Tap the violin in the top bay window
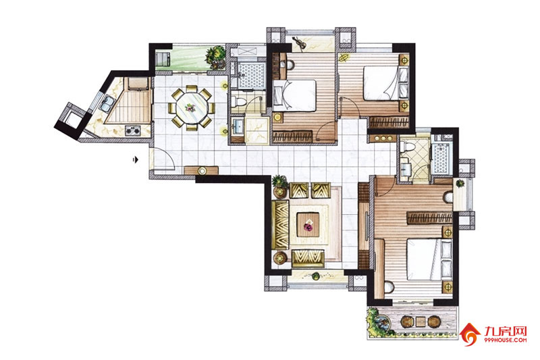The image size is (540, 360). coord(299,43)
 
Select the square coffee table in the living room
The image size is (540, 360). coord(308,225)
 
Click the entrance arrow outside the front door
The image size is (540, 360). coord(136,159)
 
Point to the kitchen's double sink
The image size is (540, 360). coord(107,103)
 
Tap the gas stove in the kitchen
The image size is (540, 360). coord(132,130)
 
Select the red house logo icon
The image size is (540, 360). coord(470,334)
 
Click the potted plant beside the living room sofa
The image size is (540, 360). coord(279,186)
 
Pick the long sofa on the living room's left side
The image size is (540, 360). coord(280,225)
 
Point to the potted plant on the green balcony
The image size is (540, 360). coord(215,57)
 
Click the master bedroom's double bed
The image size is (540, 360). coord(429,259)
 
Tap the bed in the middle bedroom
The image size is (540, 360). coord(294,96)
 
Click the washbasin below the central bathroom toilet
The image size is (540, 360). coord(238,127)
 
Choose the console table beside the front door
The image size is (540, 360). coord(201,170)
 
